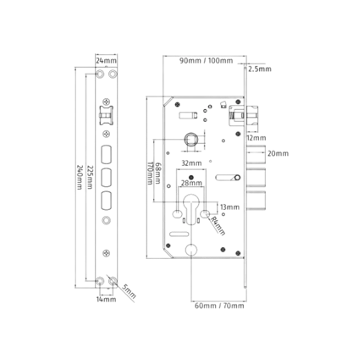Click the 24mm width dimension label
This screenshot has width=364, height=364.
(x=106, y=60)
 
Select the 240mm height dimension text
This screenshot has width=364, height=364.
(x=80, y=178)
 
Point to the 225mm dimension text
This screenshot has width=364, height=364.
(x=90, y=177)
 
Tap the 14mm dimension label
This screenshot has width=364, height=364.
(x=106, y=299)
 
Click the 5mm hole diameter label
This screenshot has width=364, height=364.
(x=130, y=291)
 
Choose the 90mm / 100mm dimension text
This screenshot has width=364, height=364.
(x=207, y=61)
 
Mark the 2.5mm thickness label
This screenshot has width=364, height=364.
(x=260, y=69)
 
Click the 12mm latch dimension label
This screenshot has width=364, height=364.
(x=256, y=138)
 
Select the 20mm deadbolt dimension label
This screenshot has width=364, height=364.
(x=278, y=153)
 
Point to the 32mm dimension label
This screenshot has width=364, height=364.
(x=191, y=163)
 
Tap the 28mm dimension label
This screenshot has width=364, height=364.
(x=191, y=183)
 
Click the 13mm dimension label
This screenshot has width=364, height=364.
(x=229, y=207)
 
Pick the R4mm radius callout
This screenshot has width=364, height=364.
(x=218, y=226)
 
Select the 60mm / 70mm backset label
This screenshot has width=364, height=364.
(x=219, y=306)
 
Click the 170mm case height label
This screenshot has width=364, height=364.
(x=150, y=174)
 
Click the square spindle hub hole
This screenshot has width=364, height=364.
(x=190, y=139)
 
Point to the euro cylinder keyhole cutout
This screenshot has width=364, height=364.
(x=191, y=208)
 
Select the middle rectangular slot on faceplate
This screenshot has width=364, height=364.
(x=106, y=177)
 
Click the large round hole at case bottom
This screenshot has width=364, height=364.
(x=191, y=249)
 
